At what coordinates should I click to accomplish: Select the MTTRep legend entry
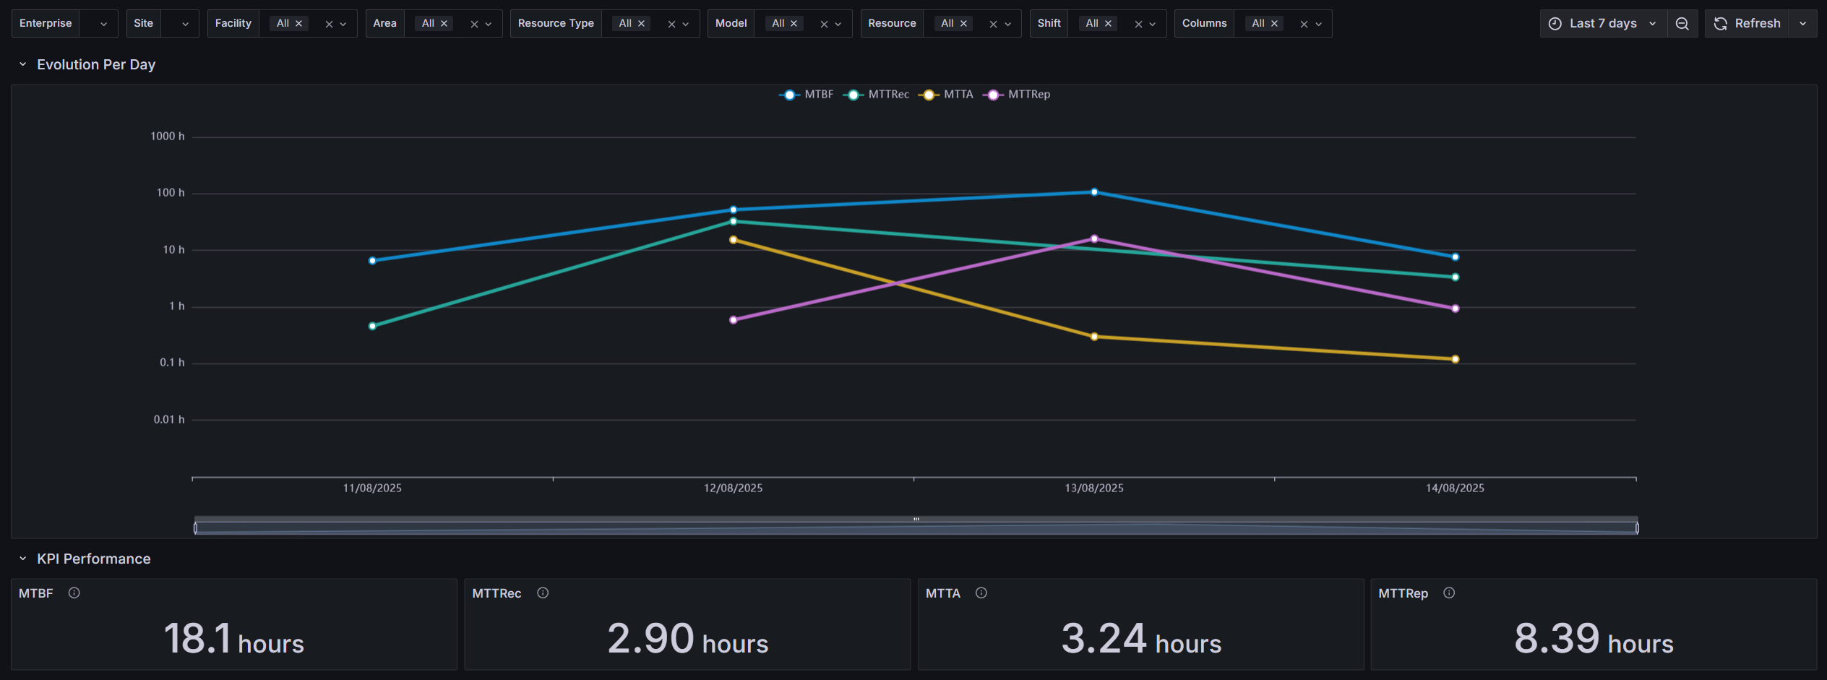coord(1018,95)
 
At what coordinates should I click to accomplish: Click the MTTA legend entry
coord(947,95)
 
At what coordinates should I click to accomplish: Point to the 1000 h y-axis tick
coord(167,137)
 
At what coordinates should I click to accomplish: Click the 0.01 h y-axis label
coord(168,420)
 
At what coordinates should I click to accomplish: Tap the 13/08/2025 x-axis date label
coord(1093,489)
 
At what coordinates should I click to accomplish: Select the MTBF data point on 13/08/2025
coord(1094,192)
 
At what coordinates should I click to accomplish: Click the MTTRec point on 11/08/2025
coord(372,327)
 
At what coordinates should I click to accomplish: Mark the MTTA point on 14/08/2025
coord(1455,359)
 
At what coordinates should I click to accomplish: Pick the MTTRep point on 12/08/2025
coord(734,320)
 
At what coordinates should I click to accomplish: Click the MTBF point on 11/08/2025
coord(372,261)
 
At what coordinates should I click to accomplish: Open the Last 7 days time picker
coord(1602,24)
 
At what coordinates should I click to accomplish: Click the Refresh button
coord(1748,24)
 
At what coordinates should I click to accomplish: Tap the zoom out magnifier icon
coord(1682,24)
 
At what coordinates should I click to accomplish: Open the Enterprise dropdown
coord(64,24)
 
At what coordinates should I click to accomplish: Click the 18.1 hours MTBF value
coord(233,639)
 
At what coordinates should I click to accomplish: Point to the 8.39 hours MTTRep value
coord(1593,639)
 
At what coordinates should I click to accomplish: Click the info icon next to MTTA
coord(981,593)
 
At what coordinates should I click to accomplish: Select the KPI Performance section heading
coord(93,559)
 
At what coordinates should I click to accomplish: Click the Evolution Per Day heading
coord(96,65)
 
